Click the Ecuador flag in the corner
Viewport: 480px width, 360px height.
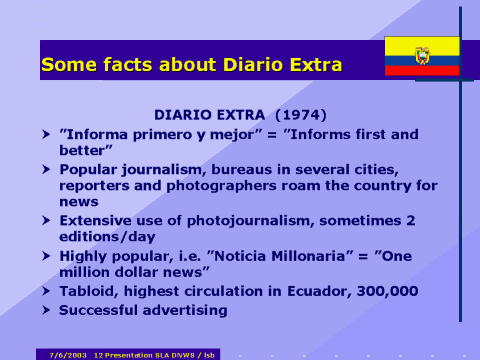click(422, 56)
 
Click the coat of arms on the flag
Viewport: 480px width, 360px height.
click(422, 55)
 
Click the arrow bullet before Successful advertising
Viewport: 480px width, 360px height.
click(46, 310)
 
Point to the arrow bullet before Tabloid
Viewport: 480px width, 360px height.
click(46, 291)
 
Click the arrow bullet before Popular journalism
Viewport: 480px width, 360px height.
click(46, 168)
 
